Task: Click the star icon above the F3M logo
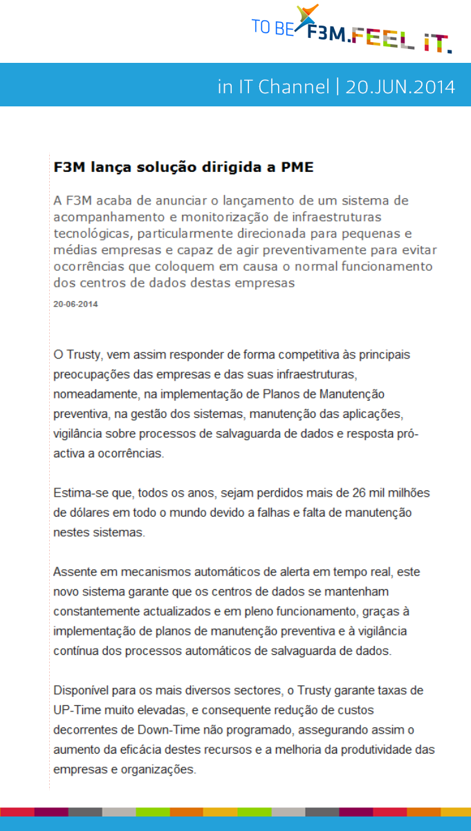pyautogui.click(x=307, y=14)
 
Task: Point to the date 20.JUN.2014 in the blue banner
pyautogui.click(x=400, y=87)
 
